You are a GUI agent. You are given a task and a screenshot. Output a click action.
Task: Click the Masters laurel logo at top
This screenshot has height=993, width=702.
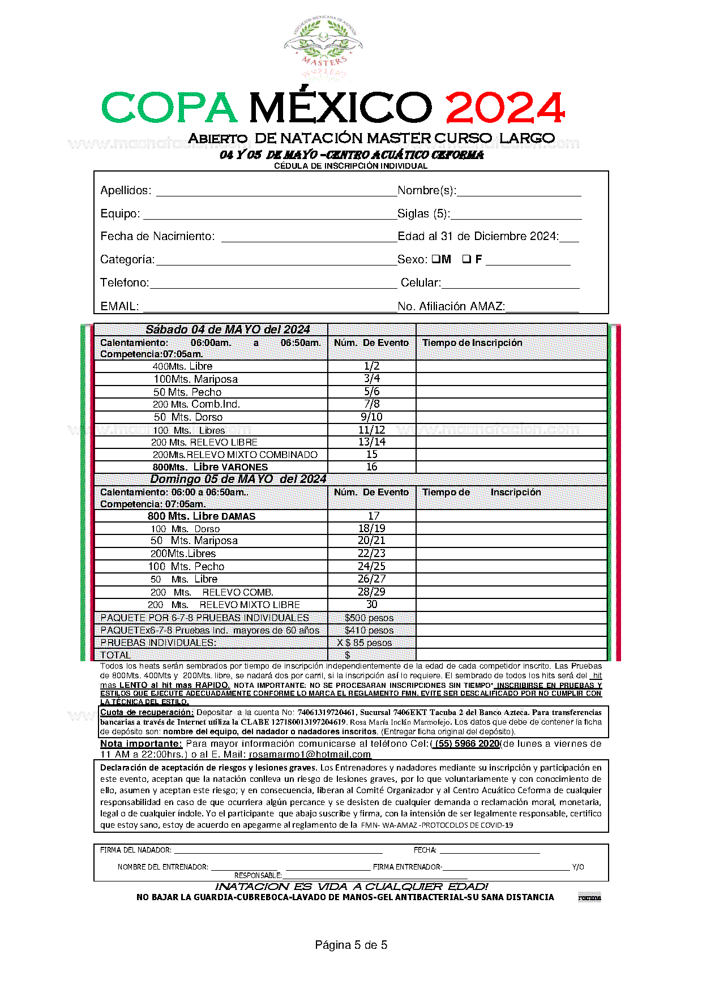(x=323, y=50)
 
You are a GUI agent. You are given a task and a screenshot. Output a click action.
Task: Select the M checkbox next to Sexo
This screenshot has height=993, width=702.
(x=436, y=259)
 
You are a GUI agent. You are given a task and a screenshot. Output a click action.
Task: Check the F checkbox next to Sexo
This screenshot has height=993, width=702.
(x=466, y=259)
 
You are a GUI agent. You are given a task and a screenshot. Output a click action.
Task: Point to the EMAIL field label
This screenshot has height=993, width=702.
(x=119, y=306)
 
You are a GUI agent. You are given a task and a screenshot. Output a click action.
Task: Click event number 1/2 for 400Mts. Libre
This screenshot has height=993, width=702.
(x=371, y=366)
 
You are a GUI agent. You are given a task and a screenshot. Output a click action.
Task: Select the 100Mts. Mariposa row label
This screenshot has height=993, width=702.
(x=195, y=379)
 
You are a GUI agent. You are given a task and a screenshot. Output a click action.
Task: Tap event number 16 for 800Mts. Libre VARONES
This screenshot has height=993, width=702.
(x=371, y=467)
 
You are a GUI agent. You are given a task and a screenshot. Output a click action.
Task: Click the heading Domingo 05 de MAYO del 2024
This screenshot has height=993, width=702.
(x=238, y=479)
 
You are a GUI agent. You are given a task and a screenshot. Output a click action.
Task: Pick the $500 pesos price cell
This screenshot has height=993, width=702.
(x=369, y=618)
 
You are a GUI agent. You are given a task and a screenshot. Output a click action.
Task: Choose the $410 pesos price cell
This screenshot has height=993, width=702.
(x=369, y=630)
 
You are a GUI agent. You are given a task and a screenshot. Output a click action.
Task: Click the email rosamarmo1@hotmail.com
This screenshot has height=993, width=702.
(x=310, y=754)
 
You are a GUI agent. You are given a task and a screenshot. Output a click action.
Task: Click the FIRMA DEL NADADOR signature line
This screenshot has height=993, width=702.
(x=277, y=850)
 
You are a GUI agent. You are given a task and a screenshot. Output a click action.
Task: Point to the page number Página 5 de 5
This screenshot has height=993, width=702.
(x=351, y=945)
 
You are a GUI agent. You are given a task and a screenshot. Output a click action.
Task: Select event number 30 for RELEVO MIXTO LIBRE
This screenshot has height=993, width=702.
(x=371, y=605)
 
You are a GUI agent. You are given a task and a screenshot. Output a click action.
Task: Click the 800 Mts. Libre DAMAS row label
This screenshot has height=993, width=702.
(x=202, y=516)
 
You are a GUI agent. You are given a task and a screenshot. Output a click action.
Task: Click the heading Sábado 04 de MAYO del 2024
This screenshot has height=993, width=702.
(x=228, y=329)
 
